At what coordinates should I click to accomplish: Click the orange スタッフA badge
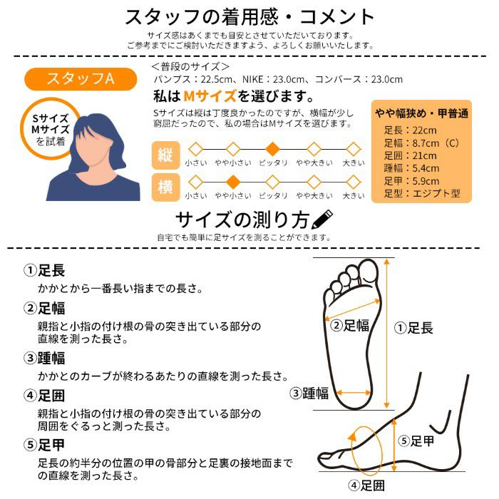[80, 78]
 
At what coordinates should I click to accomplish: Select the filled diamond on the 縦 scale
[272, 149]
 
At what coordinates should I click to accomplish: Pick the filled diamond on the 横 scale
[232, 181]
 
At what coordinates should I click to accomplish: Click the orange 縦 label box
[165, 154]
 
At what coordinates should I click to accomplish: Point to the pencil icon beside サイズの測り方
[323, 217]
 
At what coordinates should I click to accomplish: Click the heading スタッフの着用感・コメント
[249, 17]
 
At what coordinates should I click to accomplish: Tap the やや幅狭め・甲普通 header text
[421, 113]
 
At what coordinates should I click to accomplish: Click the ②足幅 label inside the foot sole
[350, 326]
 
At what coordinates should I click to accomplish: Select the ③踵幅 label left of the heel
[309, 393]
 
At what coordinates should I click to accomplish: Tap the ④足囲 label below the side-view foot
[366, 486]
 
